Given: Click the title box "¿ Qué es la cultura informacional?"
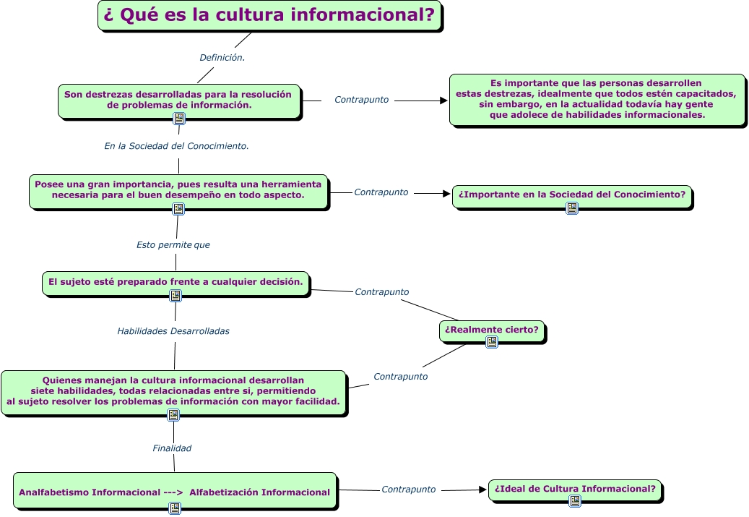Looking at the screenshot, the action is point(269,16).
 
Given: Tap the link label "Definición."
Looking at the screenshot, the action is point(222,57).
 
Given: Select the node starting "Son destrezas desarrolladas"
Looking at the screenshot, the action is point(178,99).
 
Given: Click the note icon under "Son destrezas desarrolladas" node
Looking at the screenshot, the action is point(179,119).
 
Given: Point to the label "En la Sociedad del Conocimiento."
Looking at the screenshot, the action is point(176,146).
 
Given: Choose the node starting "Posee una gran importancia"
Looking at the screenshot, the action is point(178,190).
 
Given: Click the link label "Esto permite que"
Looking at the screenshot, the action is point(173,245).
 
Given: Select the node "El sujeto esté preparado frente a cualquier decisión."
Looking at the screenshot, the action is point(176,281).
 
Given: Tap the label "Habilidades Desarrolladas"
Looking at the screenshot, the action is point(173,331).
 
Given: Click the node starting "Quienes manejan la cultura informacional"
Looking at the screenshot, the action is point(173,390).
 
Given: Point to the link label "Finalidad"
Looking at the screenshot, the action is point(172,448).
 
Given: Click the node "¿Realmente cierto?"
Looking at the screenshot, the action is point(492,330).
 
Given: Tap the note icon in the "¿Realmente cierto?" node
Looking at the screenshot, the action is point(492,342).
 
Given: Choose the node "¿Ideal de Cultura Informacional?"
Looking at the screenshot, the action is point(575,489).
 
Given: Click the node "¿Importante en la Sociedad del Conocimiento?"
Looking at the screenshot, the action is point(572,195).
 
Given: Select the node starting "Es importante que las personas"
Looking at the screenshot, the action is point(597,99).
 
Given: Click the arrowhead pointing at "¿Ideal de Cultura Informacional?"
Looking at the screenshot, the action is point(483,490).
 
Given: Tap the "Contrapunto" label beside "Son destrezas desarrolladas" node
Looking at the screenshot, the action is point(361,100).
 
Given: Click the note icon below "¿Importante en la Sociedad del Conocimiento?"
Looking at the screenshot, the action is point(572,208).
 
